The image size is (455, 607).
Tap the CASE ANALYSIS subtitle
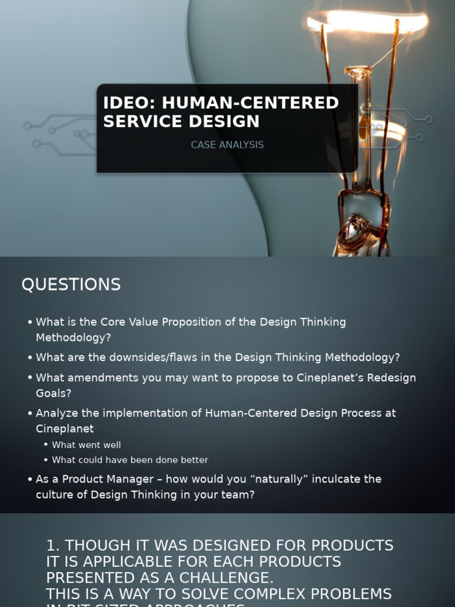click(x=227, y=145)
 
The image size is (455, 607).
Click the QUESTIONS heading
click(x=71, y=285)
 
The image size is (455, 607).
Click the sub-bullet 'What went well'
click(x=86, y=445)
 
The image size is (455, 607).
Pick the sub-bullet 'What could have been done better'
click(x=130, y=460)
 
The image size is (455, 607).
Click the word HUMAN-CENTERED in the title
click(x=250, y=103)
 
